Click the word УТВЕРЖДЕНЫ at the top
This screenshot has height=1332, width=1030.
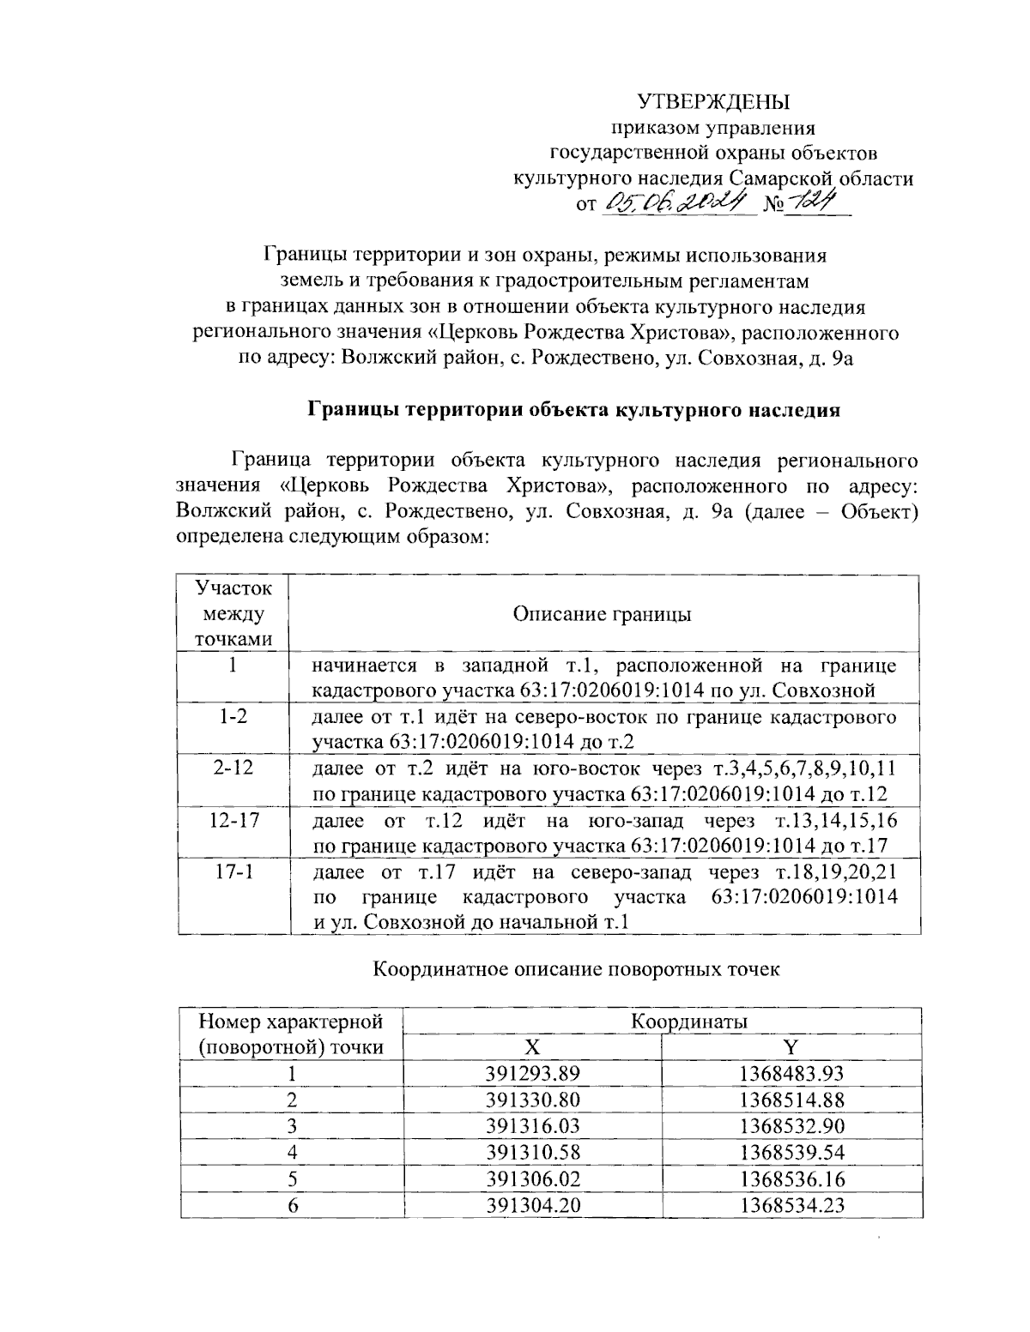click(712, 103)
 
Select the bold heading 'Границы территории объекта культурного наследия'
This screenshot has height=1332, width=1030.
click(573, 409)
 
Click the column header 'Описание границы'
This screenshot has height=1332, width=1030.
click(603, 614)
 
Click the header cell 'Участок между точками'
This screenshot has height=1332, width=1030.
click(233, 614)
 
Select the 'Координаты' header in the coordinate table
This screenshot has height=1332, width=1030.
click(689, 1022)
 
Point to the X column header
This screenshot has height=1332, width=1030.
click(533, 1047)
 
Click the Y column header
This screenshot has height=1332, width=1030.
click(791, 1047)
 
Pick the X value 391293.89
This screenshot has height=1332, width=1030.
click(533, 1073)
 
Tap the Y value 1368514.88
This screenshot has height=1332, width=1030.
click(791, 1100)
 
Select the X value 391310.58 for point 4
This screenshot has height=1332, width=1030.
click(533, 1152)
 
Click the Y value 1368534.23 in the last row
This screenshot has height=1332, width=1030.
click(791, 1205)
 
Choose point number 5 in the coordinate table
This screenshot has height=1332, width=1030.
click(292, 1178)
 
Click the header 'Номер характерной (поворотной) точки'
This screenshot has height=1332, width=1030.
click(290, 1034)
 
